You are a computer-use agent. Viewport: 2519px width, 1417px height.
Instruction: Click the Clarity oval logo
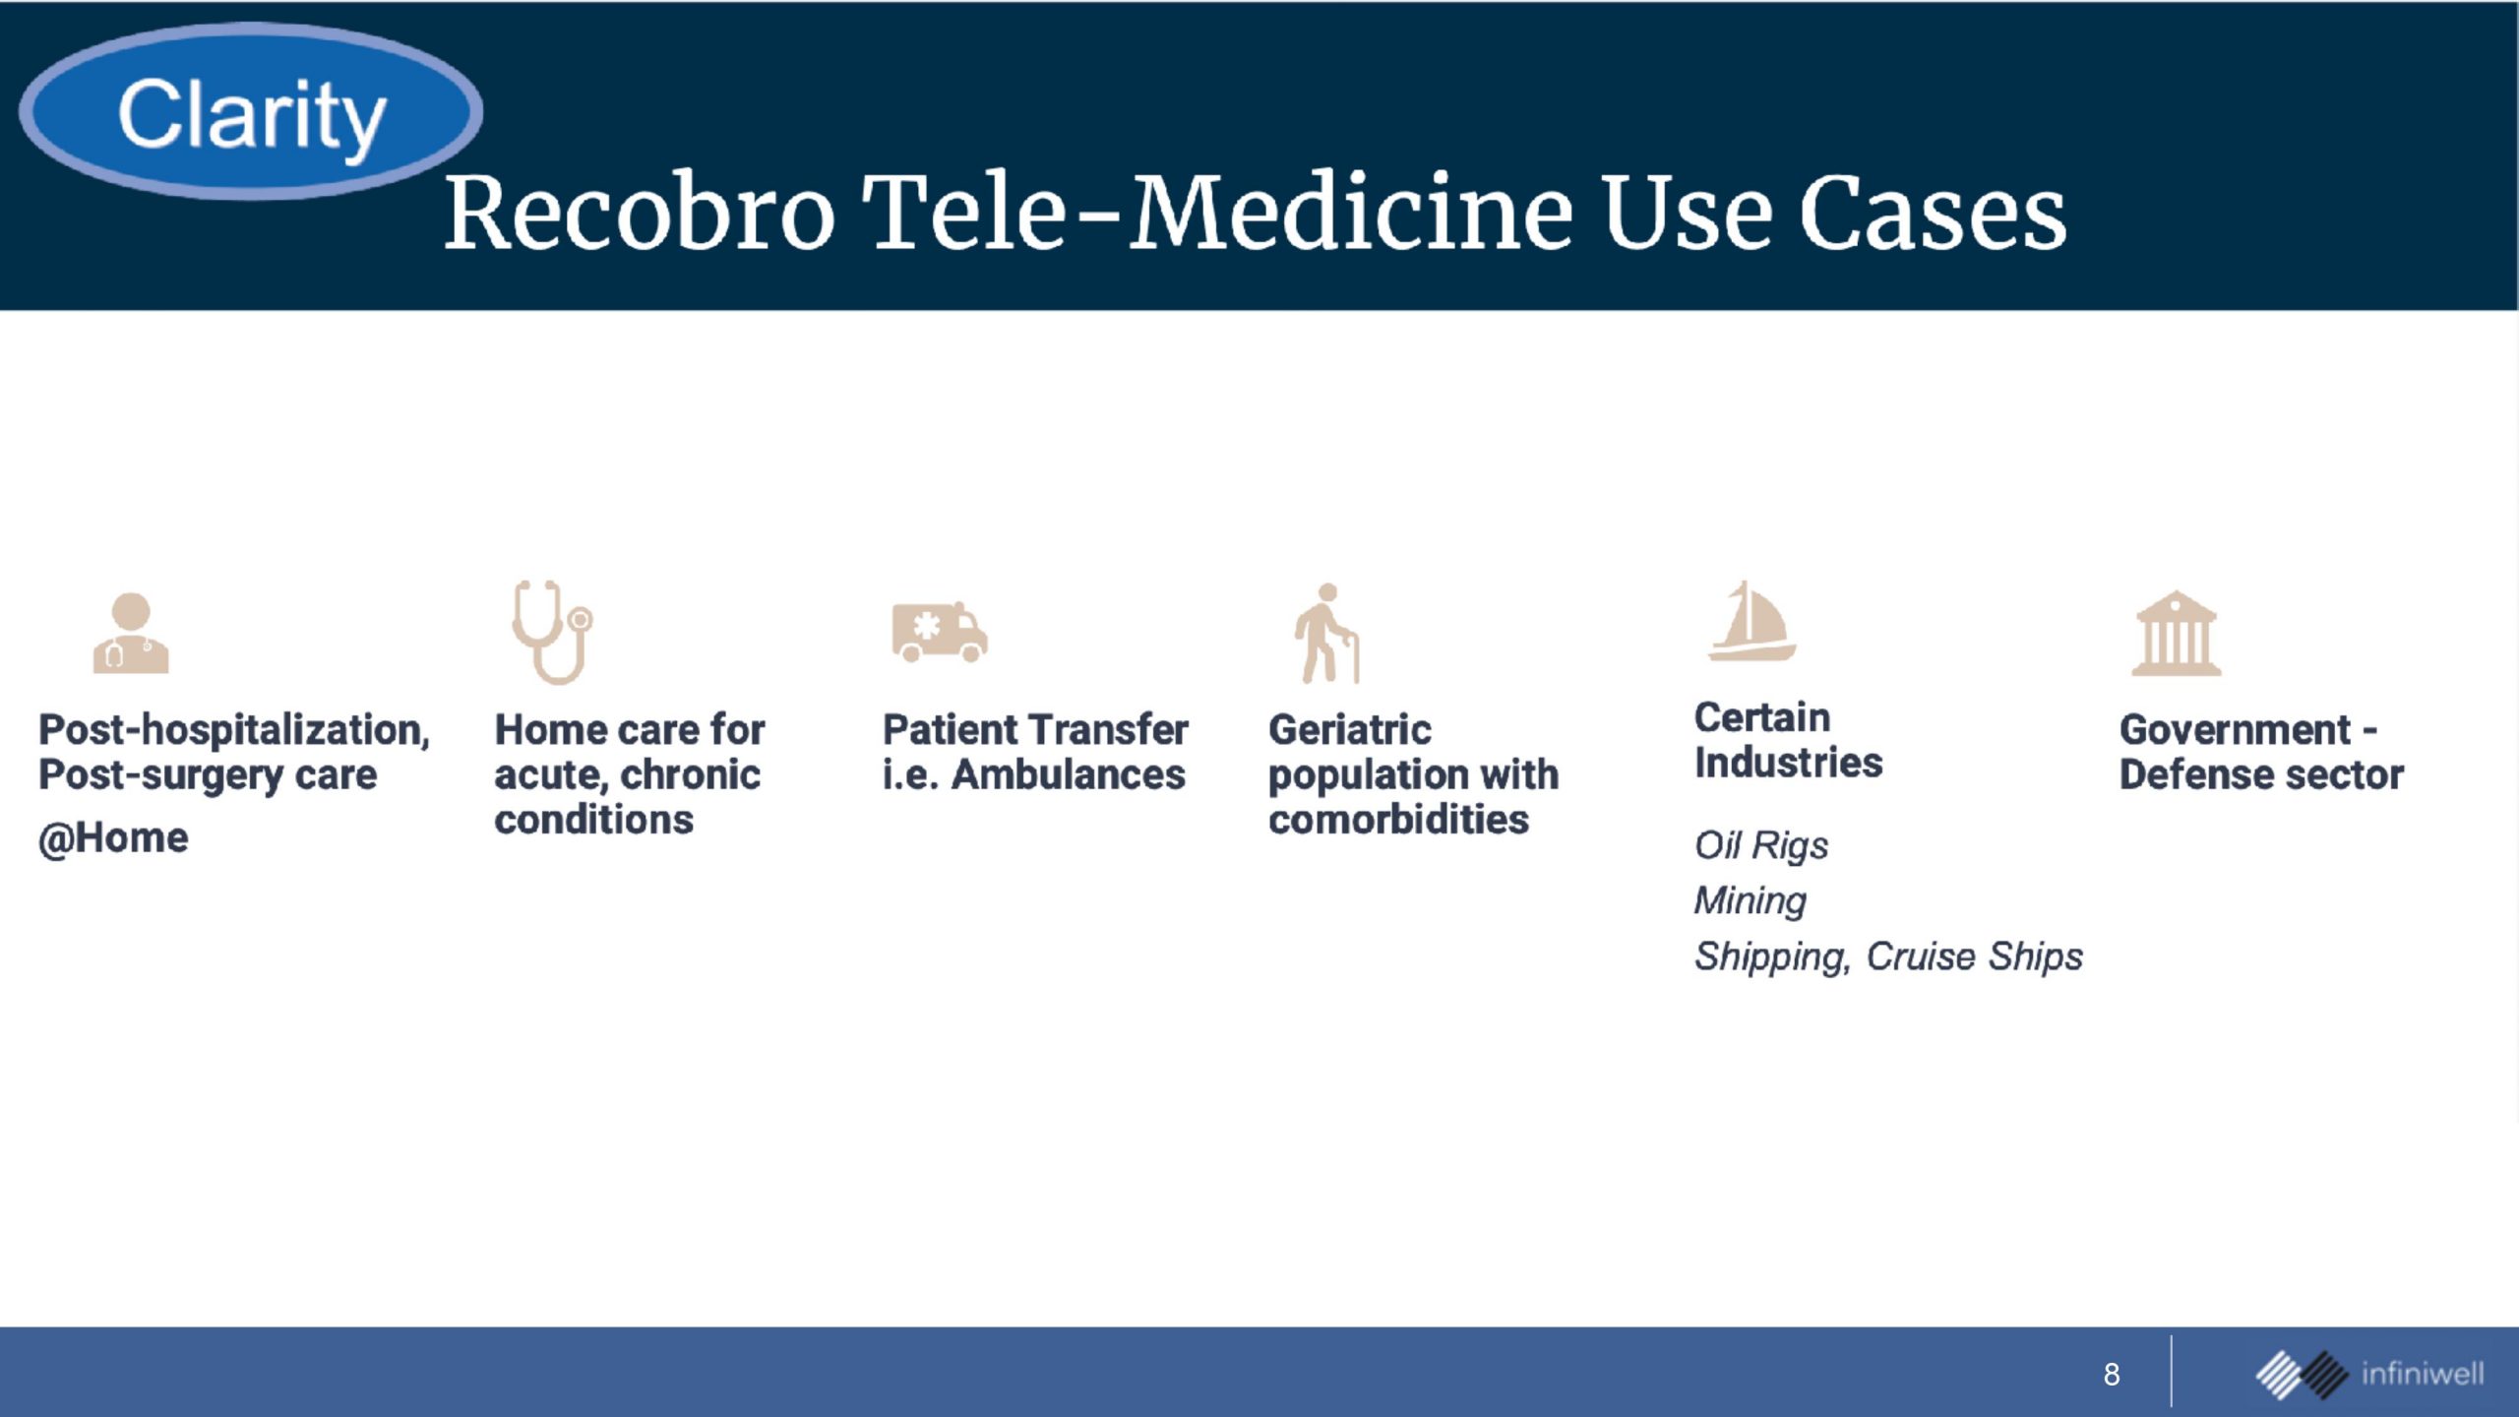[251, 111]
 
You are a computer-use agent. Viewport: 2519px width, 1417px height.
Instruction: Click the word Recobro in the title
[640, 213]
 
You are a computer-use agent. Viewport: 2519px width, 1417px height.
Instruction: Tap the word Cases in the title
[1933, 213]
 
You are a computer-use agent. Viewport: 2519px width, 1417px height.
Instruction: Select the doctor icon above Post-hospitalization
[131, 633]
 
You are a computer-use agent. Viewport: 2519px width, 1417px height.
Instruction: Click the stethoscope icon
[552, 632]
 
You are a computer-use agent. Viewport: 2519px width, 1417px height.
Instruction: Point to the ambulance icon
[940, 632]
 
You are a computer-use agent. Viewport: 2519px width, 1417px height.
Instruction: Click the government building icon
[2177, 633]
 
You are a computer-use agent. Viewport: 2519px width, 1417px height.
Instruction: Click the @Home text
[113, 838]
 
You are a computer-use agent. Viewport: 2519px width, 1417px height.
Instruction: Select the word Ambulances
[1068, 774]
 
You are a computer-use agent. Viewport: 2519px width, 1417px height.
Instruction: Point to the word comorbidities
[1398, 819]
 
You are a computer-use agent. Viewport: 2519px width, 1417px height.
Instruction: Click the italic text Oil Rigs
[1761, 845]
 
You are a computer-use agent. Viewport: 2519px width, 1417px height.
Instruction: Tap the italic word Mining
[1751, 900]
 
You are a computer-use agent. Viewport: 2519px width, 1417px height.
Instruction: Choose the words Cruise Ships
[1975, 956]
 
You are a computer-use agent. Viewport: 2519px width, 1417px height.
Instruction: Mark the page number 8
[2112, 1374]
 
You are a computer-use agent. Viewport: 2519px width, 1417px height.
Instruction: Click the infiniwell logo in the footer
[2369, 1374]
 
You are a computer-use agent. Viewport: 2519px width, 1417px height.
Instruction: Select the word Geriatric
[1350, 730]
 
